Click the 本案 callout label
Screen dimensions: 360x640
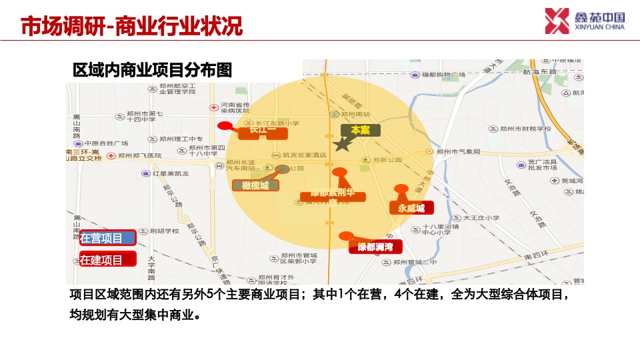coord(360,130)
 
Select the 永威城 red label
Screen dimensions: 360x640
coord(411,208)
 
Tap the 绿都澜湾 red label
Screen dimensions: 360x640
coord(375,247)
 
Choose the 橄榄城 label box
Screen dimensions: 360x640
coord(255,185)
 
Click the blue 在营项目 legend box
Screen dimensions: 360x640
coord(107,238)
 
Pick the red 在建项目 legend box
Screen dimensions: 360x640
coord(107,259)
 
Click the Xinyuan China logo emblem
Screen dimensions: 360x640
coord(557,21)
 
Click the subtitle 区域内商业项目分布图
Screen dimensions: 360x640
coord(152,70)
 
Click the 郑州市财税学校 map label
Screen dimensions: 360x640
coord(524,129)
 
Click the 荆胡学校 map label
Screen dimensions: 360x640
coord(163,231)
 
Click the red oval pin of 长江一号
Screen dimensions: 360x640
coord(225,125)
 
